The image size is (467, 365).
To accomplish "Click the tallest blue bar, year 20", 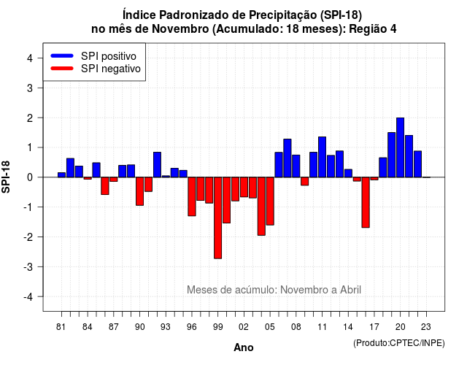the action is (400, 147).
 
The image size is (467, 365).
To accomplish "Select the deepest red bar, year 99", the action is (217, 218).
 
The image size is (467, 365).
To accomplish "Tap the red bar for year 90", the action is (139, 191).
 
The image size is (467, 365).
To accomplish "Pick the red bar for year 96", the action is (192, 196).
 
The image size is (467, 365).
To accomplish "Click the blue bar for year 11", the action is (322, 157).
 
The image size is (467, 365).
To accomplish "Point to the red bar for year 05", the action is (270, 201).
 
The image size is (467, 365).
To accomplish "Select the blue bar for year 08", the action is (296, 166).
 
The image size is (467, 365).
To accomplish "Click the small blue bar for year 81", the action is (61, 175).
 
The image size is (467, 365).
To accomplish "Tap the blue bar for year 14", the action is (348, 173).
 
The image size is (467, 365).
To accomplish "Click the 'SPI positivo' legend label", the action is (109, 56).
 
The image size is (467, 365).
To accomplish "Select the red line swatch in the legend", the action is (62, 69).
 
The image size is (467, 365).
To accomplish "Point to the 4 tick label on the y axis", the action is (30, 58).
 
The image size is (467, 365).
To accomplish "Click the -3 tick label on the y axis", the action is (28, 267).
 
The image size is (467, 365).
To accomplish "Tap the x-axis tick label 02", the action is (244, 327).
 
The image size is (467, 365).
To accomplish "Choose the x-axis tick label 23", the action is (426, 327).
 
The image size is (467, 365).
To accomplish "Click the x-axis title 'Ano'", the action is (244, 347).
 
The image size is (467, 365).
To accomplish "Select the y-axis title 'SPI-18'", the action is (6, 177).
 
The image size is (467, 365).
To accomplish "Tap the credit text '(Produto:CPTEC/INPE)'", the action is (399, 343).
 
